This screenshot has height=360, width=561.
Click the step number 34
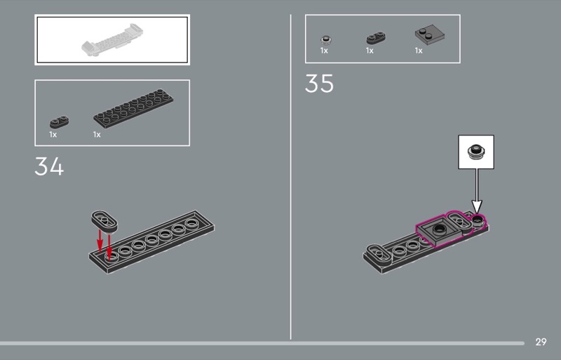tap(49, 166)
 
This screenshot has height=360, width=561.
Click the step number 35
tap(319, 84)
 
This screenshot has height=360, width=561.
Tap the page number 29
tap(541, 342)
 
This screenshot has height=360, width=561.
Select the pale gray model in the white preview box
tap(112, 40)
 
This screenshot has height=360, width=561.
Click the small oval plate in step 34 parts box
tap(60, 122)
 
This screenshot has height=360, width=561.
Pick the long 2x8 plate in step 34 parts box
tap(133, 108)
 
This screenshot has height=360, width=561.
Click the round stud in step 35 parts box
tap(325, 40)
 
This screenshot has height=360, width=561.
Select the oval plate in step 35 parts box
tap(376, 38)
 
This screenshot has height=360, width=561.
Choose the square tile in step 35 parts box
tap(430, 35)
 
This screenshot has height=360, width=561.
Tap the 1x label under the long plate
tap(97, 135)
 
